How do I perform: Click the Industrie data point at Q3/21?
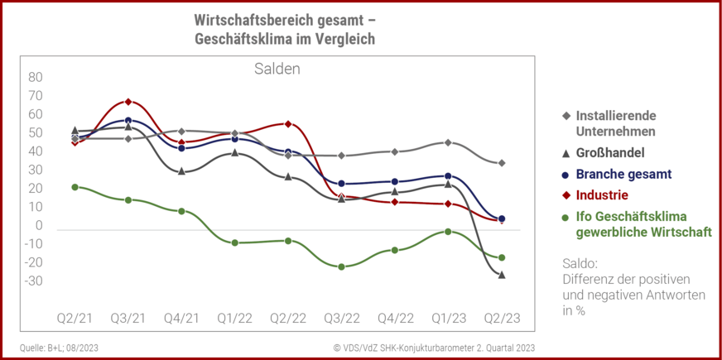(128, 102)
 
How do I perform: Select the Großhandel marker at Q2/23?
(502, 274)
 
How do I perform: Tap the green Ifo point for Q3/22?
(341, 266)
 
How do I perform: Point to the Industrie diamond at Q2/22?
(288, 124)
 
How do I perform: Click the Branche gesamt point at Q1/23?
(448, 176)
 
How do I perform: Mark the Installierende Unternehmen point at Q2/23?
(502, 163)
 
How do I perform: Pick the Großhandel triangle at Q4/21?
(181, 170)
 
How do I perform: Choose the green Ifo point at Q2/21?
(75, 187)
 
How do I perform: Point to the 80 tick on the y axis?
(36, 77)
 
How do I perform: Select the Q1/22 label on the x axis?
(235, 319)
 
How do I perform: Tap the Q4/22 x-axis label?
(395, 319)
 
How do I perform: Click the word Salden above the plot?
(277, 69)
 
